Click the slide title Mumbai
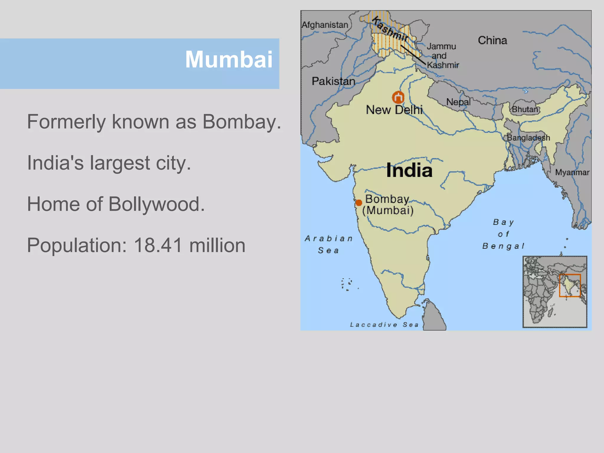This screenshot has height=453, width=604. [229, 60]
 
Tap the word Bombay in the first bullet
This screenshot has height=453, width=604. [242, 122]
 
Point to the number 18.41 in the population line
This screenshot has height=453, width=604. [158, 245]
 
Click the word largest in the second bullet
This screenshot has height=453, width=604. [120, 163]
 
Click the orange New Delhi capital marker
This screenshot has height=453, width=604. [398, 97]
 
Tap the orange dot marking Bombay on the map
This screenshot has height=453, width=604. [359, 203]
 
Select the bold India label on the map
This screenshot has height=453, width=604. [409, 170]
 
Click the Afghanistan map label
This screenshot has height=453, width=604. [325, 25]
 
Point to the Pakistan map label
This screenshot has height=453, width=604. [333, 81]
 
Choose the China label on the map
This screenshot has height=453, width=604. [492, 40]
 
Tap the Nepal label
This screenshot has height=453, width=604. [458, 102]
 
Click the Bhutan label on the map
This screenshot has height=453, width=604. [525, 109]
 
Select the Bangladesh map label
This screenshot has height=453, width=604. [528, 138]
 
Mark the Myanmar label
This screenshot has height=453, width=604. [572, 173]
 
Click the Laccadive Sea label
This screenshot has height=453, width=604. [384, 325]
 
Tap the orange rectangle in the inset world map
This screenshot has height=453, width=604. [570, 285]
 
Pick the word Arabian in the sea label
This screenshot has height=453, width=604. [329, 238]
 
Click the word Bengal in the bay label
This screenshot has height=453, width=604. [503, 246]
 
